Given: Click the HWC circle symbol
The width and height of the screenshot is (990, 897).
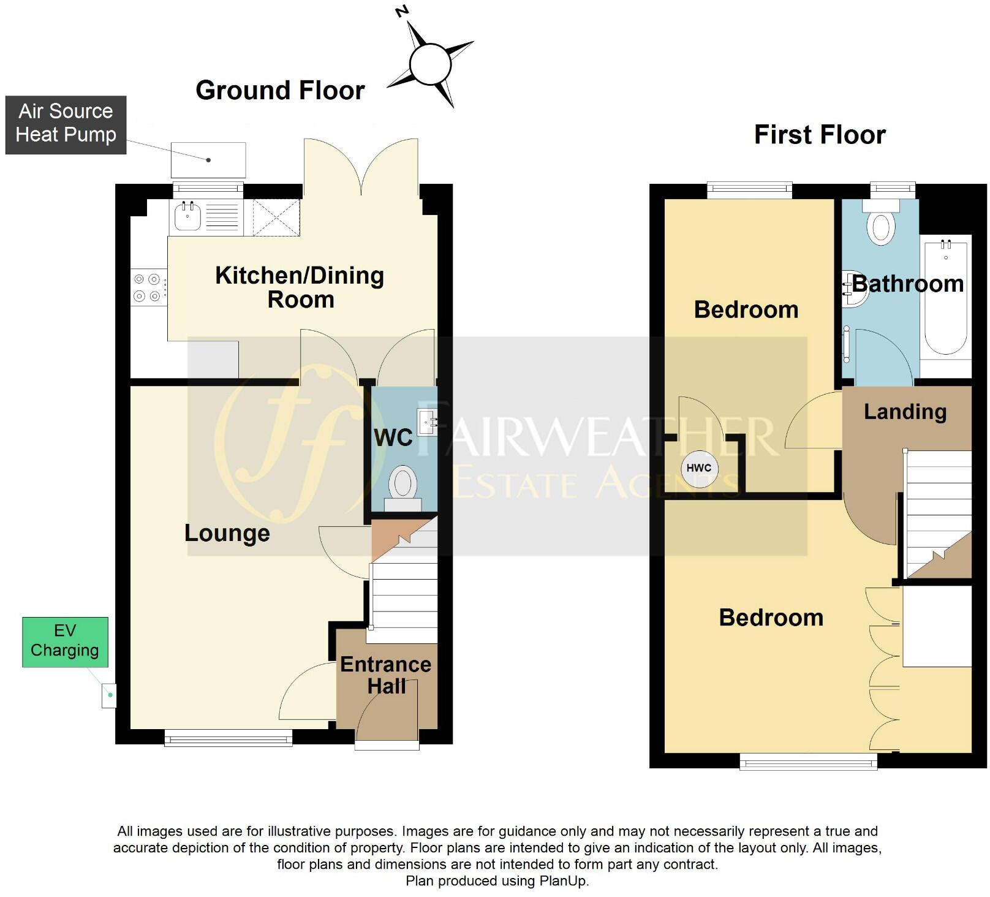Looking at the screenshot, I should pyautogui.click(x=699, y=468).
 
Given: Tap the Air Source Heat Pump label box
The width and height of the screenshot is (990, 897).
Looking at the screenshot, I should pyautogui.click(x=66, y=124).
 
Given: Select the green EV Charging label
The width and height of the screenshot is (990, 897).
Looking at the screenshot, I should pyautogui.click(x=65, y=642).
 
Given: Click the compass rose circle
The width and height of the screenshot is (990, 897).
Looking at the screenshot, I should pyautogui.click(x=430, y=64).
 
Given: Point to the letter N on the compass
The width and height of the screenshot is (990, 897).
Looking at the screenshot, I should pyautogui.click(x=402, y=11).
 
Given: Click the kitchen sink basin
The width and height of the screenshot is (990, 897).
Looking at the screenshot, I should pyautogui.click(x=187, y=216).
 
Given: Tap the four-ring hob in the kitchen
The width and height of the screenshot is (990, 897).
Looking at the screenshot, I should pyautogui.click(x=147, y=287).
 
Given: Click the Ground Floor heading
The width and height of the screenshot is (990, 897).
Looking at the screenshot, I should pyautogui.click(x=280, y=90).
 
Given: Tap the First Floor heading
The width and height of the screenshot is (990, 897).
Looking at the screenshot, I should pyautogui.click(x=819, y=134).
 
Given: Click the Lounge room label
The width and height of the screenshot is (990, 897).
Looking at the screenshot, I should pyautogui.click(x=227, y=533).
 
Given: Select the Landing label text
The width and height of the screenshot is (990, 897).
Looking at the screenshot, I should pyautogui.click(x=905, y=412).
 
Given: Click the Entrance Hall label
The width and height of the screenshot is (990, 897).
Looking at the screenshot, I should pyautogui.click(x=386, y=675).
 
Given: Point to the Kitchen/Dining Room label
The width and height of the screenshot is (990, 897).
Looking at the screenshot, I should pyautogui.click(x=300, y=287).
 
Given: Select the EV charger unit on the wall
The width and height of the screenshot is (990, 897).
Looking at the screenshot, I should pyautogui.click(x=109, y=695).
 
